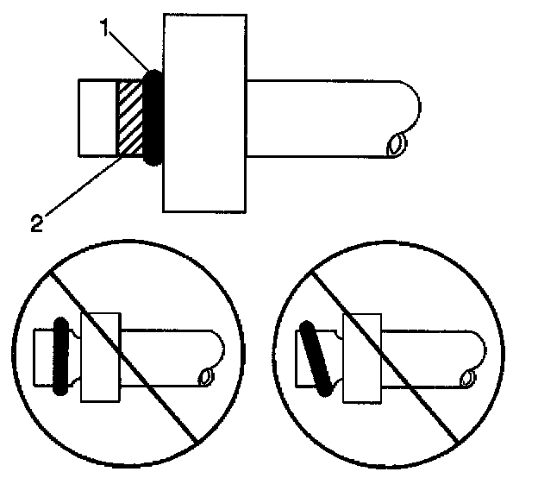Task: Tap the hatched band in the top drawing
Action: [130, 119]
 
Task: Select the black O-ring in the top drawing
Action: [154, 117]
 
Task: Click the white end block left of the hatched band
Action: [97, 118]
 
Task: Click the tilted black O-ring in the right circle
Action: [315, 358]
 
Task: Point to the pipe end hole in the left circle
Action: [205, 377]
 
